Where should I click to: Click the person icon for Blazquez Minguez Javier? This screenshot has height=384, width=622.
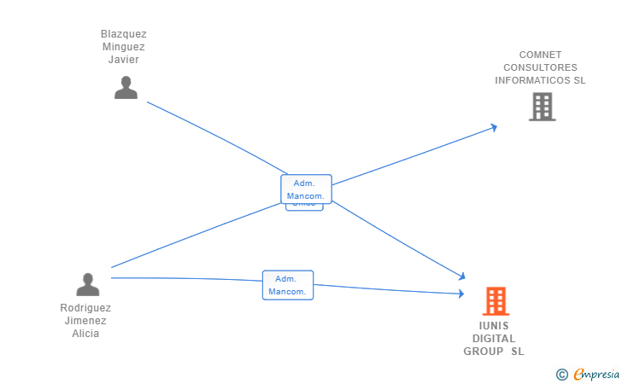click(126, 87)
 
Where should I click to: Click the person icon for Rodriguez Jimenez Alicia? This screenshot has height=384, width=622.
click(87, 284)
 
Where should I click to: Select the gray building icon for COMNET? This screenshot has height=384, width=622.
click(542, 107)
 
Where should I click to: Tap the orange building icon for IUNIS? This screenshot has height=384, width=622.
click(496, 301)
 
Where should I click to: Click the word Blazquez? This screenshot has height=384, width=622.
click(124, 34)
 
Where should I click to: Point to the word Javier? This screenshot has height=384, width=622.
click(124, 60)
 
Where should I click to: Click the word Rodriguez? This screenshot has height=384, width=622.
click(85, 308)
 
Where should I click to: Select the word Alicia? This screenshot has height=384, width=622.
click(85, 334)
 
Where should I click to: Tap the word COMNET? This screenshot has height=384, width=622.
click(540, 55)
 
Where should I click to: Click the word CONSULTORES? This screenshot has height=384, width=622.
click(540, 67)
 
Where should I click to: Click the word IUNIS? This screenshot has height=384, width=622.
click(494, 325)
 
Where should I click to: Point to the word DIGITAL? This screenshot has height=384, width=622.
click(494, 338)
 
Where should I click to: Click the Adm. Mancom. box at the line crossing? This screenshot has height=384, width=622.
click(306, 189)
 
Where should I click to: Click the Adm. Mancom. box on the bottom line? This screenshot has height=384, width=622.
click(288, 285)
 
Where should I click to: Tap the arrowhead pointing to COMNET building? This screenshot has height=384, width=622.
click(493, 127)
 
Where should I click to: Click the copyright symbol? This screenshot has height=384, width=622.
click(561, 374)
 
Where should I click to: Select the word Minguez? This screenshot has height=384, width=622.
click(124, 47)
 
